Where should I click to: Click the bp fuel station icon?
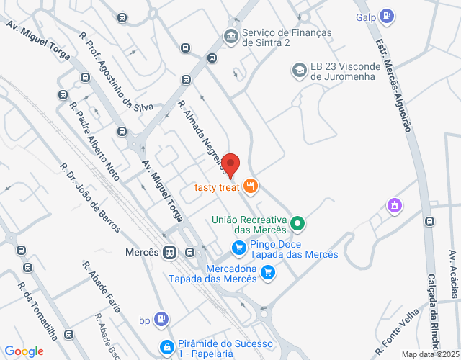tap(164, 318)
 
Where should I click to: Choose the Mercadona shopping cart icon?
tap(268, 272)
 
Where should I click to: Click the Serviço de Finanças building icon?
tap(230, 35)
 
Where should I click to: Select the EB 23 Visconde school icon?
tap(298, 70)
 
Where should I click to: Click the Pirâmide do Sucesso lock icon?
tap(167, 347)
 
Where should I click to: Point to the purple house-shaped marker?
tap(394, 206)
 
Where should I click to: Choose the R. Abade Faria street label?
tap(101, 287)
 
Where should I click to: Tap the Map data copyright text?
tap(430, 354)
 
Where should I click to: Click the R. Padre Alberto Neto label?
tap(94, 140)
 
